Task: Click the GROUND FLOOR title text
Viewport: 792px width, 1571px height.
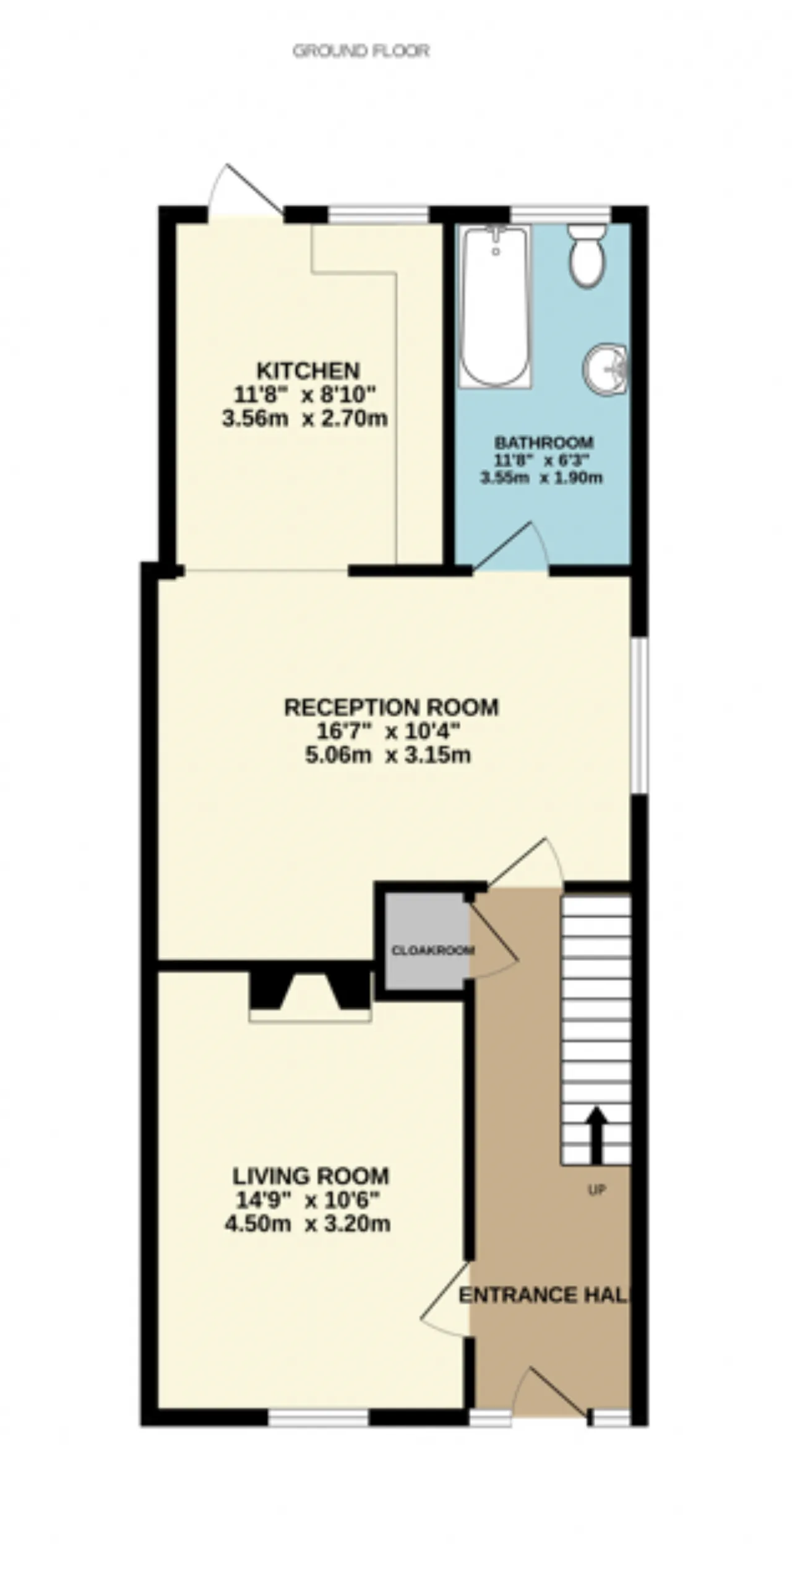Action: click(x=361, y=51)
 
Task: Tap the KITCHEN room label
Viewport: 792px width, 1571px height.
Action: click(x=308, y=371)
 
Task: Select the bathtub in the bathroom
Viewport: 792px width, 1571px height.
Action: click(x=494, y=306)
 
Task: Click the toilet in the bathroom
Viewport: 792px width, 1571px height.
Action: click(x=587, y=254)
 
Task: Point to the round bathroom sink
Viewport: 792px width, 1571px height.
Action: click(x=605, y=369)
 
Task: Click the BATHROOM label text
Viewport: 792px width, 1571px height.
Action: click(x=543, y=443)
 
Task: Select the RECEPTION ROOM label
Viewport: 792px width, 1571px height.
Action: click(x=391, y=707)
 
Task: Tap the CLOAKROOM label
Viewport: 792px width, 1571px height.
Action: click(x=433, y=950)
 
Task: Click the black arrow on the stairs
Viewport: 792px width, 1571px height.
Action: click(x=596, y=1134)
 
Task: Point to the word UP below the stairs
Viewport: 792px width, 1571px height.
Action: click(x=596, y=1189)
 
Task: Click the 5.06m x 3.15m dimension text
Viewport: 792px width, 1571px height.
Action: click(x=388, y=755)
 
